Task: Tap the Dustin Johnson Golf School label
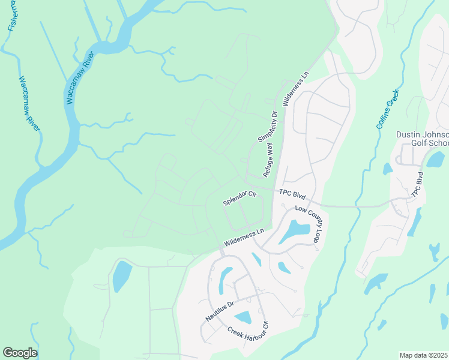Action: [423, 139]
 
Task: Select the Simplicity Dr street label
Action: [267, 126]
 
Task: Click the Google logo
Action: [19, 353]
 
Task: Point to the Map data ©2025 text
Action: [424, 355]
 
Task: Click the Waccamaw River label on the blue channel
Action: [79, 78]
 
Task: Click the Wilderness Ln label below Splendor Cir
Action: [244, 237]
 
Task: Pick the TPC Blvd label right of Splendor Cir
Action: [292, 196]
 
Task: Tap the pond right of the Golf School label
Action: [436, 159]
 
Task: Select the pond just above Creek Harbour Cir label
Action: [243, 318]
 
